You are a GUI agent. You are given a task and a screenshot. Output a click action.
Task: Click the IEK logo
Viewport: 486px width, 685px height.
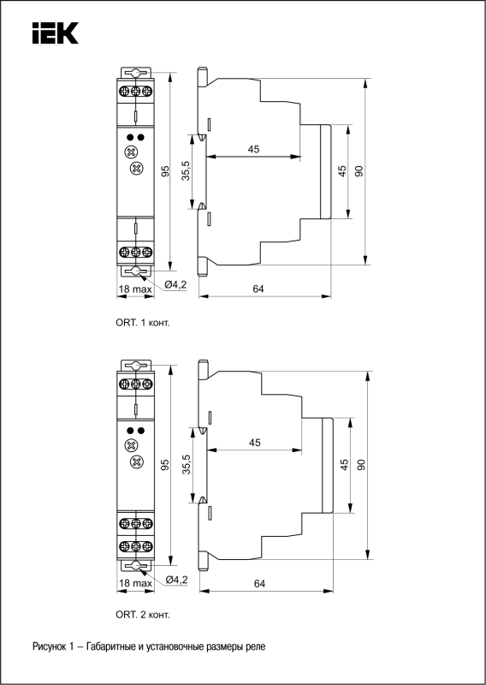55,33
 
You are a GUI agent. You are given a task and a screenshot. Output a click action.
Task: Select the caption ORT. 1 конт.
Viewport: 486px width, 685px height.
142,324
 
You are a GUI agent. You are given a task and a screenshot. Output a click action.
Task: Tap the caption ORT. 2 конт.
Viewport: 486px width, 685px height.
143,615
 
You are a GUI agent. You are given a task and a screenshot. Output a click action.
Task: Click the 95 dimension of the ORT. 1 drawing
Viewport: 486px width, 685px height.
165,171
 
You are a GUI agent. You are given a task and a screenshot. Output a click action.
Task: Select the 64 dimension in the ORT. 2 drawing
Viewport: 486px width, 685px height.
260,583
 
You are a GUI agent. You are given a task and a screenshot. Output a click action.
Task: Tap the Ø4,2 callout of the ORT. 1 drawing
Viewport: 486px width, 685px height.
175,285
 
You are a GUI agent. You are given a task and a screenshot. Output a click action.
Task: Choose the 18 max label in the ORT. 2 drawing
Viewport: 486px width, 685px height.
135,583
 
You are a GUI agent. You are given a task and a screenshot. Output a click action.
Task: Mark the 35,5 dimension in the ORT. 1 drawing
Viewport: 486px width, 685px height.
186,170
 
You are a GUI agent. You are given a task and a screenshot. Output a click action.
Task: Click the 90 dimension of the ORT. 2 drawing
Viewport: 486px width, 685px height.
361,465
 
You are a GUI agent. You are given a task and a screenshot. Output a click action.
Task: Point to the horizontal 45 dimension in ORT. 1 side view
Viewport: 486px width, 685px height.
253,149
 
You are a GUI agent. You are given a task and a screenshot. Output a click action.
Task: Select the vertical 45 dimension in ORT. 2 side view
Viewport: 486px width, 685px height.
345,464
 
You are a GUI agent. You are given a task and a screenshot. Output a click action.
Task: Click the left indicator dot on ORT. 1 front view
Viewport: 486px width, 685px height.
130,138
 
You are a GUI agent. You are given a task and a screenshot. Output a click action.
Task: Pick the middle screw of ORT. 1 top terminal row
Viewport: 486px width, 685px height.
135,91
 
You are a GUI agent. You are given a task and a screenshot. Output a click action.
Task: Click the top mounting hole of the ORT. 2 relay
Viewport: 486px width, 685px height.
136,366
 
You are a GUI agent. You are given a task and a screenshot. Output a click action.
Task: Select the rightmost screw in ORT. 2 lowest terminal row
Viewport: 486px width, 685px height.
147,546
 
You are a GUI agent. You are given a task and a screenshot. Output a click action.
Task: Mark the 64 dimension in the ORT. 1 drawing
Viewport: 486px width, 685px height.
258,289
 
